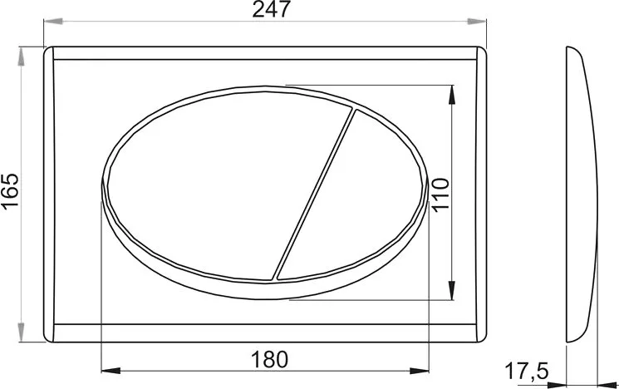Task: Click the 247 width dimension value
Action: click(x=271, y=9)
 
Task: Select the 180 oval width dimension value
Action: click(x=270, y=359)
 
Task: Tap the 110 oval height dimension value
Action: click(x=441, y=195)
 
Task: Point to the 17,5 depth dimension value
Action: click(x=527, y=372)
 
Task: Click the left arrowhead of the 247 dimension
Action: click(x=53, y=21)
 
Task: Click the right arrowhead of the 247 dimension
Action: click(x=477, y=21)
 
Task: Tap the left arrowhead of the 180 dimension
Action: click(x=111, y=371)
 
